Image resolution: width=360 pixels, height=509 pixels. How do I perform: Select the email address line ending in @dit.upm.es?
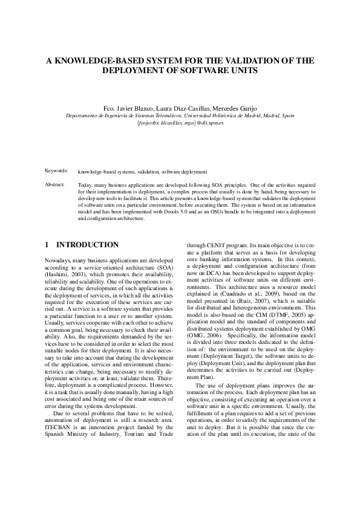pyautogui.click(x=180, y=122)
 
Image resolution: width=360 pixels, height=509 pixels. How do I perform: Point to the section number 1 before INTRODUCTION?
pyautogui.click(x=48, y=245)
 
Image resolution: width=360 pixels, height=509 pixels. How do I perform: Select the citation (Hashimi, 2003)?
pyautogui.click(x=62, y=274)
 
